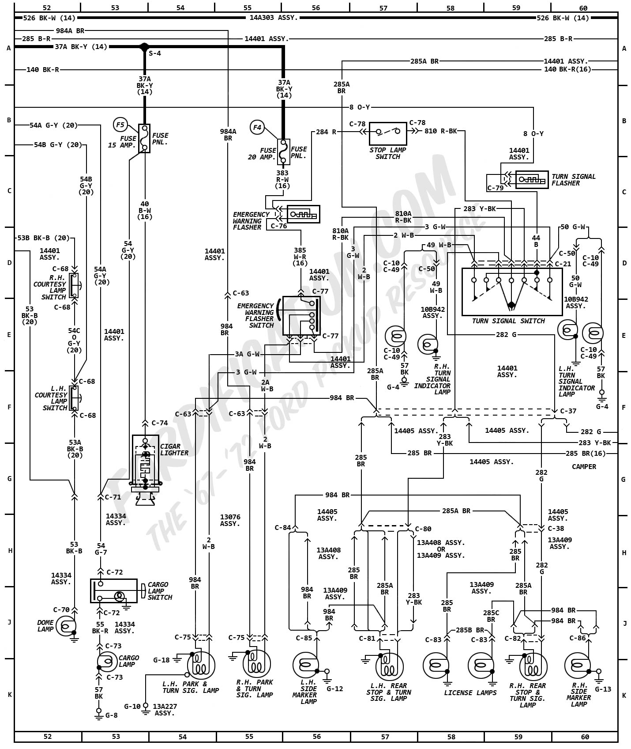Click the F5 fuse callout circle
click(x=120, y=125)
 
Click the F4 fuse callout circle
click(x=257, y=128)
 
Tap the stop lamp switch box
click(x=388, y=133)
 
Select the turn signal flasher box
click(x=532, y=179)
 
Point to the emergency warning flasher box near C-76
click(x=303, y=214)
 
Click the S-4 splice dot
click(x=144, y=47)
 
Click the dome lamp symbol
click(x=66, y=625)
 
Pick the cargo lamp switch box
click(x=114, y=590)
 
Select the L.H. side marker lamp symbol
click(x=305, y=665)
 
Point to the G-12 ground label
click(x=334, y=688)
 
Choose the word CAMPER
click(x=584, y=466)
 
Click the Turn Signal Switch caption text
click(x=508, y=321)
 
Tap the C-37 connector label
click(x=568, y=411)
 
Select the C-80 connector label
click(x=423, y=529)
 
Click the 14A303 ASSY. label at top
click(x=274, y=18)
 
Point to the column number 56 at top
click(x=315, y=8)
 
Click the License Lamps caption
click(x=470, y=692)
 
